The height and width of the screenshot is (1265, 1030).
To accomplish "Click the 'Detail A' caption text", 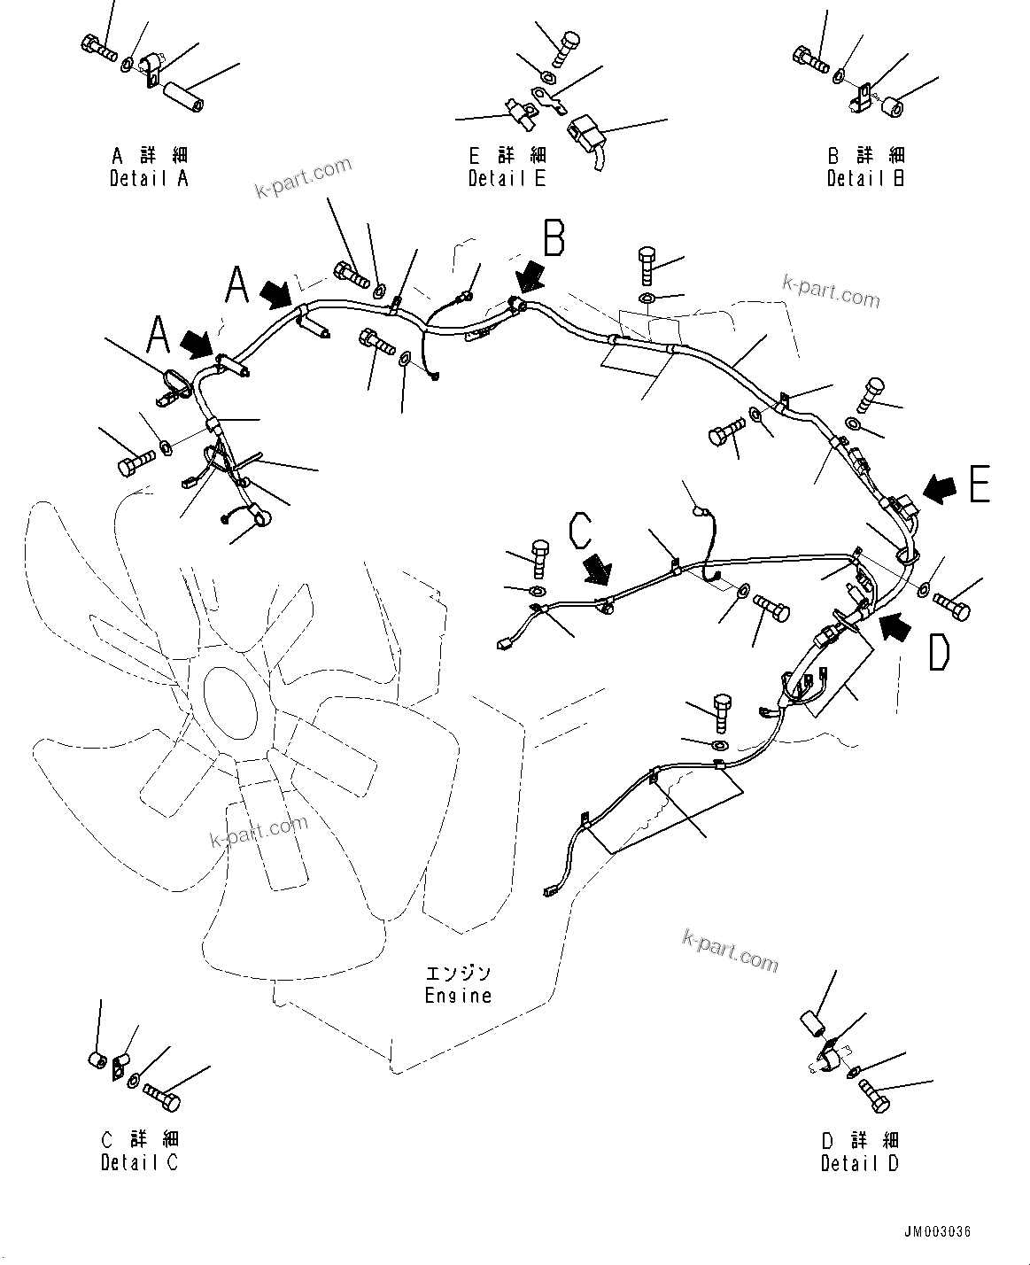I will point(149,178).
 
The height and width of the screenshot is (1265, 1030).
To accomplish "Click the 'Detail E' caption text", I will point(507,178).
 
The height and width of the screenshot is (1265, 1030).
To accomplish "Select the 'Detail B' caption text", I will point(865,178).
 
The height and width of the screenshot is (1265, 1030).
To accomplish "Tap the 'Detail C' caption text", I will point(139,1162).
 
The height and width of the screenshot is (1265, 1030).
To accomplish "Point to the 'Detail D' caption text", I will point(859,1163).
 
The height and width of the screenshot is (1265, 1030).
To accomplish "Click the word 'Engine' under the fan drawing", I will point(458,995).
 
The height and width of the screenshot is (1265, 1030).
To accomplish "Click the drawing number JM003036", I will point(938,1232).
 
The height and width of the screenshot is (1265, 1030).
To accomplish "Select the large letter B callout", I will point(554,239).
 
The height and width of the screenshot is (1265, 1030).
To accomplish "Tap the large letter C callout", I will point(581,531).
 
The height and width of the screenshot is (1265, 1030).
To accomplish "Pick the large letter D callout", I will point(939,652).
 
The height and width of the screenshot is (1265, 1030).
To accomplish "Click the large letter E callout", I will point(979,485).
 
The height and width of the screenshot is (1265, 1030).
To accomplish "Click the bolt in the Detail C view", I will point(160,1096).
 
